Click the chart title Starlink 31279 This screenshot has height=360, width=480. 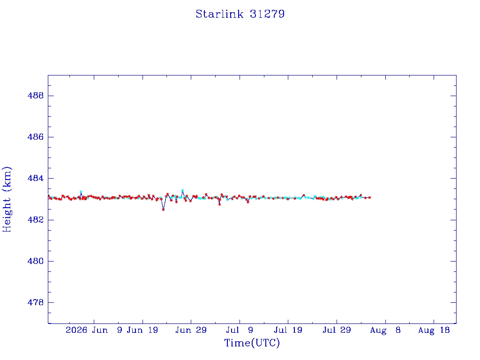coord(240,14)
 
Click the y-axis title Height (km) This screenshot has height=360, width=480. coord(7,199)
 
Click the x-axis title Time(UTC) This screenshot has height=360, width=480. coord(252,343)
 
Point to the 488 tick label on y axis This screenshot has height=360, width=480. coord(36,96)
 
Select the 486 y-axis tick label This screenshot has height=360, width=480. coord(36,137)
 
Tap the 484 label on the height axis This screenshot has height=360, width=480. coord(36,178)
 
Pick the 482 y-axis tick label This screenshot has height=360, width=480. coord(36,220)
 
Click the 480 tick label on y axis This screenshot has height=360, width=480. coord(36,261)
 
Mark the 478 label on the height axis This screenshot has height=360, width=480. coord(36,302)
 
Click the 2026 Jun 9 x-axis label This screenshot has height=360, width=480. coord(94,330)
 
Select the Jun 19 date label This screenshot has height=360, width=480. coord(142,330)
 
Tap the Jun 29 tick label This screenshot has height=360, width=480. coord(191,330)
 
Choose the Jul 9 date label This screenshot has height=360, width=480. coord(240,330)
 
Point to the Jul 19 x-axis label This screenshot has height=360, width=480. coord(288,330)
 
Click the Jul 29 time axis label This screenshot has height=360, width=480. coord(337,330)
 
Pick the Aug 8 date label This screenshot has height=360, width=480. coord(385,330)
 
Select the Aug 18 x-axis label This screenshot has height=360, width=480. coord(434,330)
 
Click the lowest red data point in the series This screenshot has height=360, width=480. coord(163,210)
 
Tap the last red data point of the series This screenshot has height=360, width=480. coord(370,197)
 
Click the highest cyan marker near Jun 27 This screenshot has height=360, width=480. coord(182,190)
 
